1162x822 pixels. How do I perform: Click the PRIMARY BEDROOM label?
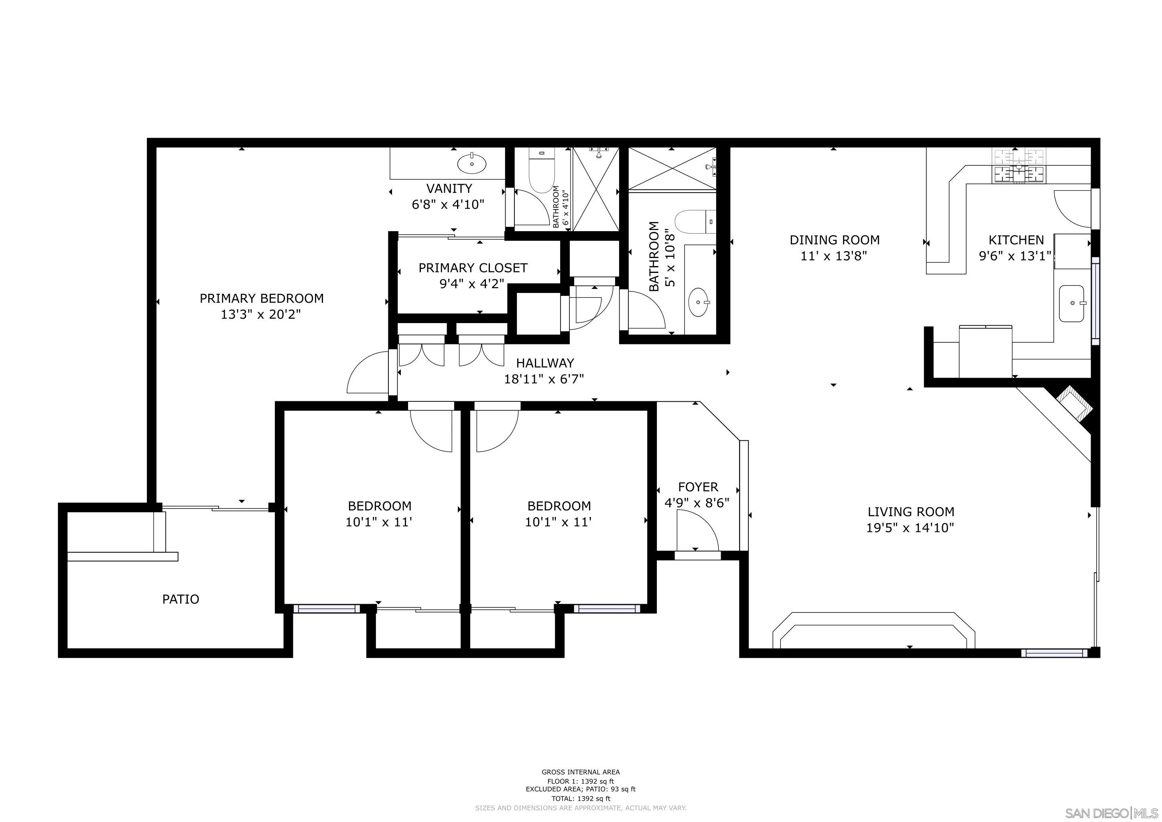pyautogui.click(x=261, y=299)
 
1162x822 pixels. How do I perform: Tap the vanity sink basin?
pyautogui.click(x=472, y=163)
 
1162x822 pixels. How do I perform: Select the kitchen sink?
pyautogui.click(x=1071, y=303)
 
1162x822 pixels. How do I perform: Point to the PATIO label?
pyautogui.click(x=181, y=599)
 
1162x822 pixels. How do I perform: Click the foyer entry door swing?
pyautogui.click(x=697, y=531)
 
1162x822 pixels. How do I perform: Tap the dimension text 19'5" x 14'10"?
pyautogui.click(x=910, y=528)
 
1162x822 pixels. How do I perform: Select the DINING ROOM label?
pyautogui.click(x=834, y=240)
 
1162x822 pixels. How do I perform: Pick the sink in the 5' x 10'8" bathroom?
pyautogui.click(x=699, y=302)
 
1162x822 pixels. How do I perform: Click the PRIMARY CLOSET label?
pyautogui.click(x=473, y=268)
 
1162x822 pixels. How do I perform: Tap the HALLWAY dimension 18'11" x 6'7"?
pyautogui.click(x=544, y=379)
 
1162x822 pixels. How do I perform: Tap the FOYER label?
pyautogui.click(x=698, y=487)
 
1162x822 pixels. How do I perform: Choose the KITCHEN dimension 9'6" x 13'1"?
pyautogui.click(x=1015, y=256)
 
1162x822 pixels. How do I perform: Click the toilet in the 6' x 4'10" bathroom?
pyautogui.click(x=540, y=171)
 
